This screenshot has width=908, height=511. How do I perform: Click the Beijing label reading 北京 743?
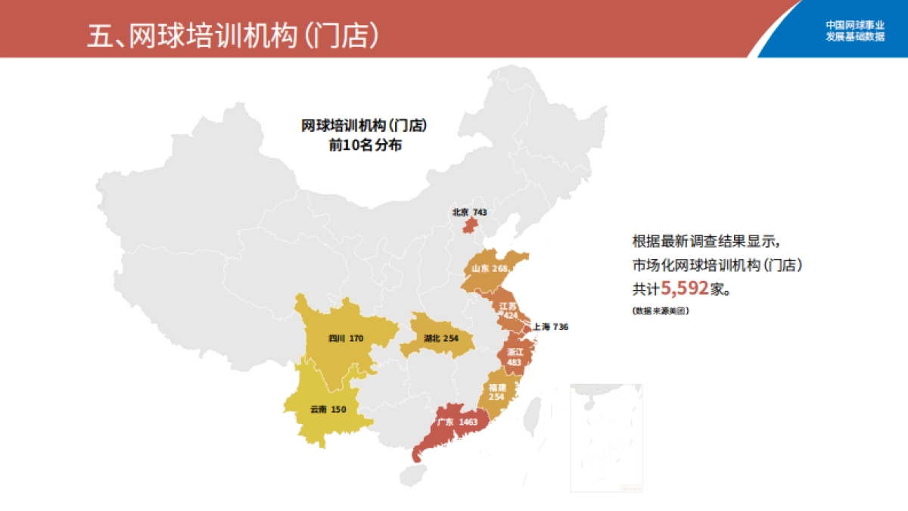click(x=469, y=213)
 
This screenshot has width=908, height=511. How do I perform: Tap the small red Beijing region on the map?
click(x=470, y=226)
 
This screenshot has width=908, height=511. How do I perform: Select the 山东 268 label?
click(x=489, y=269)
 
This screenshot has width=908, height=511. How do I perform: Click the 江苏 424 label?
click(x=508, y=310)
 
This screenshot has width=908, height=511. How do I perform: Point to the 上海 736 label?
click(x=550, y=327)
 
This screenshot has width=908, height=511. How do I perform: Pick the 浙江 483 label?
click(x=515, y=357)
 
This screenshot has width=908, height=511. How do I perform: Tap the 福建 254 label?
click(x=496, y=391)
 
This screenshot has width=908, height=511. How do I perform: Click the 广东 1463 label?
click(x=458, y=422)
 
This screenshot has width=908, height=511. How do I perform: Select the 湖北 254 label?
click(x=441, y=338)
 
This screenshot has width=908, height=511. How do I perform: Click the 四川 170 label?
click(x=347, y=338)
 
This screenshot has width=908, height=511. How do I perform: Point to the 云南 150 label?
click(x=328, y=410)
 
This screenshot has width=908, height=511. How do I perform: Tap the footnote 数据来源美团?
click(x=661, y=311)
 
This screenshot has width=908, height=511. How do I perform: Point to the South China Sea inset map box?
click(x=606, y=438)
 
